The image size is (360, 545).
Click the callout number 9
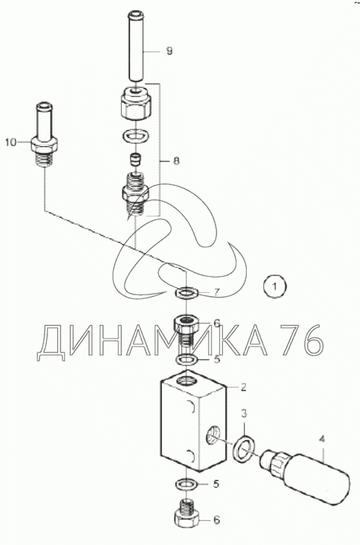[169, 51]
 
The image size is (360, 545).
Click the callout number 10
[11, 142]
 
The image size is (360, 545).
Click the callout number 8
[176, 161]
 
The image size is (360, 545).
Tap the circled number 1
[275, 287]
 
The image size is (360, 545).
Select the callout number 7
[217, 292]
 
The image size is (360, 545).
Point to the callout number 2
[243, 387]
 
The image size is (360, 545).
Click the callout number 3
[244, 413]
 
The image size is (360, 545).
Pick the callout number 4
[322, 439]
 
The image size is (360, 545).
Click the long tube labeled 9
[136, 48]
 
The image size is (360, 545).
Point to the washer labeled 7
[187, 292]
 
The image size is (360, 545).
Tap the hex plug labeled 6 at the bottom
[187, 514]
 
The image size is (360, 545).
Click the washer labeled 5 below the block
[187, 484]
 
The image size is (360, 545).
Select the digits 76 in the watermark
[302, 340]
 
